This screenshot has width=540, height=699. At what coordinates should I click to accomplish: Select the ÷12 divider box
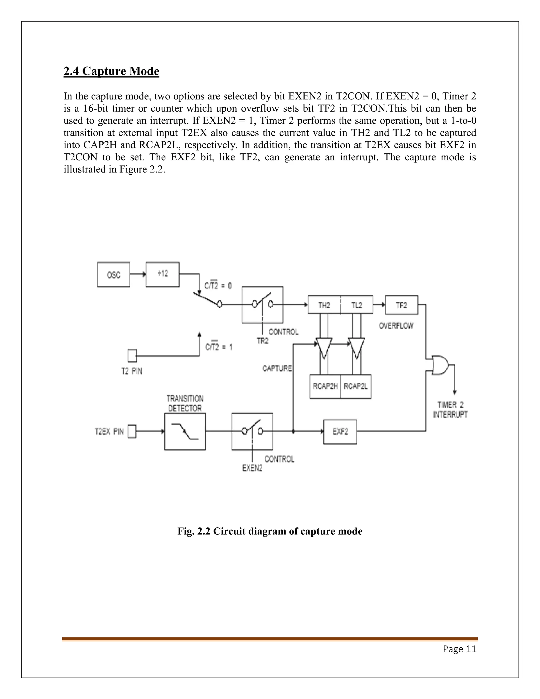click(162, 274)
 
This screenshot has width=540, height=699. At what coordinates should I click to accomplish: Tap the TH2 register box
click(324, 304)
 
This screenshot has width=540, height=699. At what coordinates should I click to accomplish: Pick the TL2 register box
click(357, 304)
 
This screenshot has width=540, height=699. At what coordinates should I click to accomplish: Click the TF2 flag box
click(402, 305)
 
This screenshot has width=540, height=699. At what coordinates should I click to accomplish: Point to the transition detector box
click(185, 432)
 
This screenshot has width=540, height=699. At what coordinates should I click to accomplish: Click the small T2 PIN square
click(132, 355)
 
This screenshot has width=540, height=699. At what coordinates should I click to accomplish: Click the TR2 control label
click(263, 341)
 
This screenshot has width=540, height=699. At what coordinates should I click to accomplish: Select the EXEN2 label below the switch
click(252, 468)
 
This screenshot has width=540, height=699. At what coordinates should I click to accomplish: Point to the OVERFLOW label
click(396, 326)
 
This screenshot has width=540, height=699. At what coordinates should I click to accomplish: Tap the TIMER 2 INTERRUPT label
click(450, 410)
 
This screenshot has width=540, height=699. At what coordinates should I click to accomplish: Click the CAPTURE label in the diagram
click(277, 368)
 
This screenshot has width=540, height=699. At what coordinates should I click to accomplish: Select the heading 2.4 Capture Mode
click(111, 71)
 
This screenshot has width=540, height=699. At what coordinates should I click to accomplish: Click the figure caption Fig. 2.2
click(270, 531)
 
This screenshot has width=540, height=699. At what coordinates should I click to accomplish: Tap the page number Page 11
click(459, 649)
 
